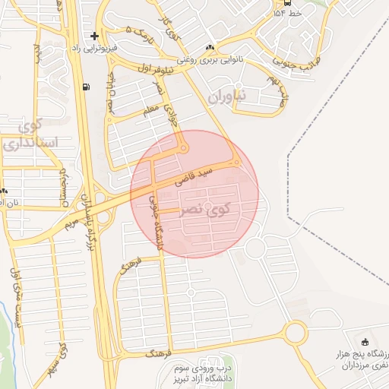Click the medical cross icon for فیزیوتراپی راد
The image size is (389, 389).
[x=93, y=36]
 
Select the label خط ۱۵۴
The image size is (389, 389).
[x=290, y=13]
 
